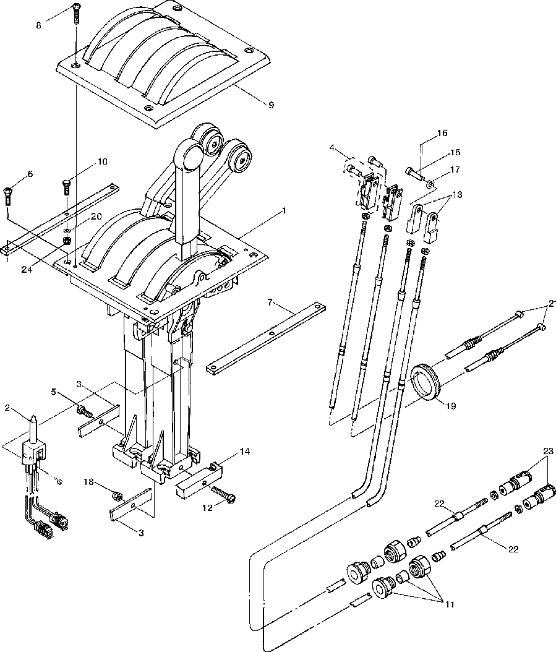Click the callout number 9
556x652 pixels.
[254, 105]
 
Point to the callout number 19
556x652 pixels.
[451, 406]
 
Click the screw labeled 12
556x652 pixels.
[224, 495]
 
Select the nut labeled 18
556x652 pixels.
[116, 494]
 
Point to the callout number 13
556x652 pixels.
[457, 195]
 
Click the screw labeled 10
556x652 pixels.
[66, 184]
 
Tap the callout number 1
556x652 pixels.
[284, 210]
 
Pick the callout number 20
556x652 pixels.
[96, 217]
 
